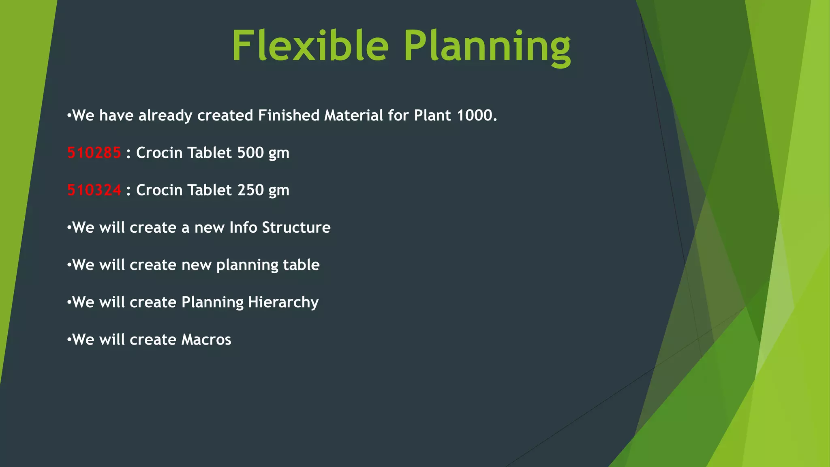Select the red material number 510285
coord(94,153)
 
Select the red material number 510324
coord(94,190)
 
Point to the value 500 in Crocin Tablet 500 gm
coord(250,153)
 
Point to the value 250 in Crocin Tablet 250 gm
coord(250,190)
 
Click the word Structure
coord(296,227)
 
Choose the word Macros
coord(206,339)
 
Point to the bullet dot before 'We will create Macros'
coord(69,339)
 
